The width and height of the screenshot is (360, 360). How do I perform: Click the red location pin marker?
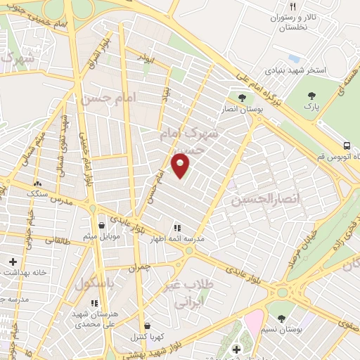click(x=181, y=165)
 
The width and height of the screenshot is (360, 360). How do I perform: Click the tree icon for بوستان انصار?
click(x=242, y=98)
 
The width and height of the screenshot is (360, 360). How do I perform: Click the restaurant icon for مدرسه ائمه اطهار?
click(x=176, y=228)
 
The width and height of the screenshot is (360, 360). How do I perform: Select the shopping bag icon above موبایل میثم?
click(x=103, y=225)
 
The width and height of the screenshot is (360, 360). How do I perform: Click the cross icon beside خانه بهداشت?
click(x=13, y=262)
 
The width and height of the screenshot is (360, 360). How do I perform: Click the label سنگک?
click(x=34, y=191)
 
